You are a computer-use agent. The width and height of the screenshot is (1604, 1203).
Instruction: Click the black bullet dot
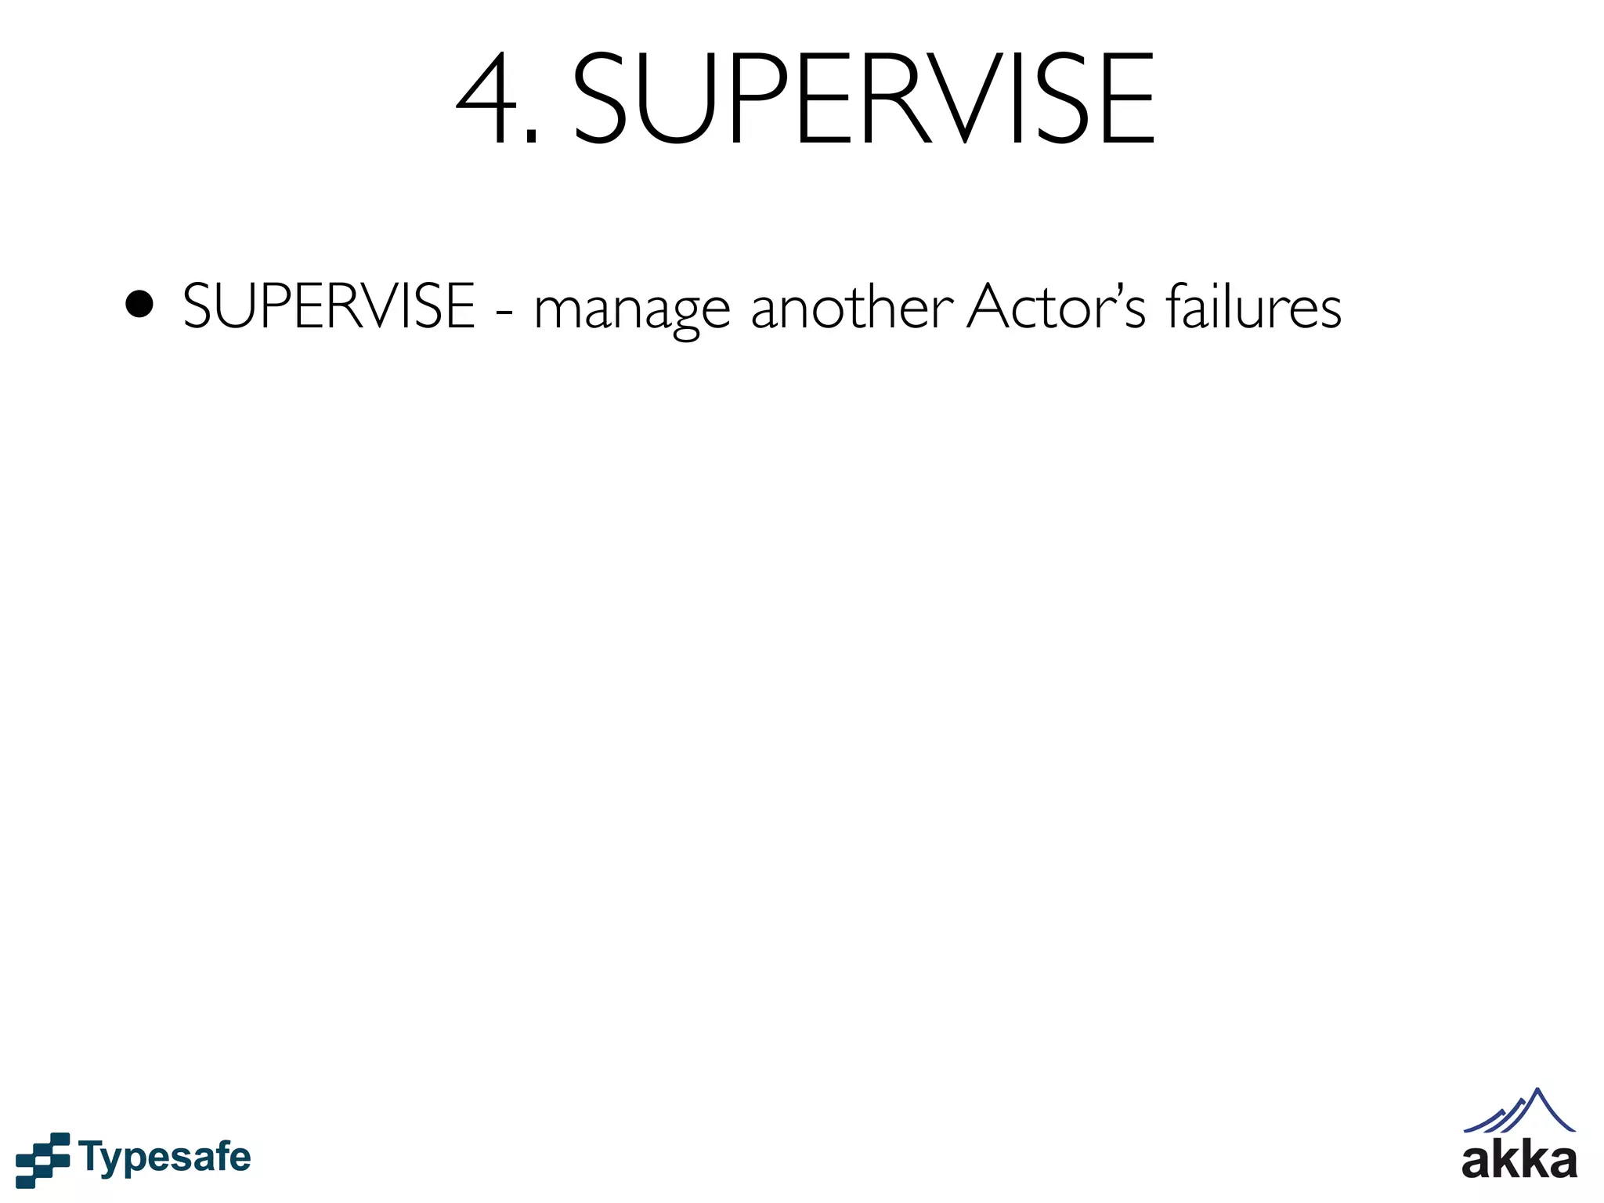click(139, 305)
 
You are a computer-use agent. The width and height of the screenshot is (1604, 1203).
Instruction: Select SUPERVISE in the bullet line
click(329, 306)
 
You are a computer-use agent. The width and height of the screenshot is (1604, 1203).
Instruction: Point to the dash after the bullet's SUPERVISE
click(505, 311)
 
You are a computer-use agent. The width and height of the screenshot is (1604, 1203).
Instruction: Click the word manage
click(631, 309)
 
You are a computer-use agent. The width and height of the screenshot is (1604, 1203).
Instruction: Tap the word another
click(851, 306)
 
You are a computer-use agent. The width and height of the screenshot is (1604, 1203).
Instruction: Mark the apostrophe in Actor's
click(1116, 290)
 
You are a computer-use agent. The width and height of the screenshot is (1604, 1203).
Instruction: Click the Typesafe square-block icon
click(43, 1159)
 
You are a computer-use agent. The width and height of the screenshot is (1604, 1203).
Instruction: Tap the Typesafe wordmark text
click(165, 1158)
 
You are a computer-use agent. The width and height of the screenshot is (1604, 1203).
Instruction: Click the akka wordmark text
click(1519, 1161)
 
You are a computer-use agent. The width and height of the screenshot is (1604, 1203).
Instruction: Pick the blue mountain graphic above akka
click(1519, 1112)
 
